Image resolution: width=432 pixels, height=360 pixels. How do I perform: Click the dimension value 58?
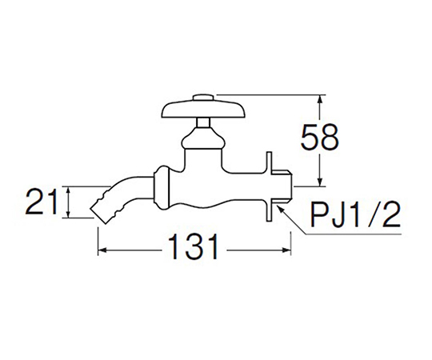click(x=319, y=137)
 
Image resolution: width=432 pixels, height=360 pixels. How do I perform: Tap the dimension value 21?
click(x=42, y=202)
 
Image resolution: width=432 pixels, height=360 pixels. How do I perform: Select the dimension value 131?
click(x=194, y=246)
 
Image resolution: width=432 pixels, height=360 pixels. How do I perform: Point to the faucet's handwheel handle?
click(x=203, y=110)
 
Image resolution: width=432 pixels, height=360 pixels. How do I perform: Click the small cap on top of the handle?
click(x=203, y=98)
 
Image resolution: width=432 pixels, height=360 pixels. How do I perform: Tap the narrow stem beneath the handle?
click(x=203, y=123)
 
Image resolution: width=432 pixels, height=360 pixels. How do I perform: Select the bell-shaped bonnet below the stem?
click(x=203, y=138)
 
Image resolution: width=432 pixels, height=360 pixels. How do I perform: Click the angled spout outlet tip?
click(x=98, y=215)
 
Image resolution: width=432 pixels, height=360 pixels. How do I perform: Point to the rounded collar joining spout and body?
click(x=160, y=188)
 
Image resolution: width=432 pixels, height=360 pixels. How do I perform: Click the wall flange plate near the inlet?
click(x=269, y=186)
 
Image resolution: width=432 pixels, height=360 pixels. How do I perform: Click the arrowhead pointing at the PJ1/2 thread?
click(x=281, y=209)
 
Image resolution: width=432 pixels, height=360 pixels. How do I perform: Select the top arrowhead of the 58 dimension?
click(x=319, y=99)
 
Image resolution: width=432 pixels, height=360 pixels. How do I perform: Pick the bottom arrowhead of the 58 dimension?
click(x=319, y=182)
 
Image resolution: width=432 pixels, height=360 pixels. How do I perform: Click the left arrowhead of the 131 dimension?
click(x=102, y=250)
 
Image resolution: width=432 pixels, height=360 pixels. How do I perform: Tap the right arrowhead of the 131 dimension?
click(x=286, y=250)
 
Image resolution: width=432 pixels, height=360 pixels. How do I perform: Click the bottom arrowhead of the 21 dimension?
click(x=69, y=214)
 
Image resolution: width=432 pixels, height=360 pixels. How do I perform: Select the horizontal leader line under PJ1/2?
click(x=354, y=234)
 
